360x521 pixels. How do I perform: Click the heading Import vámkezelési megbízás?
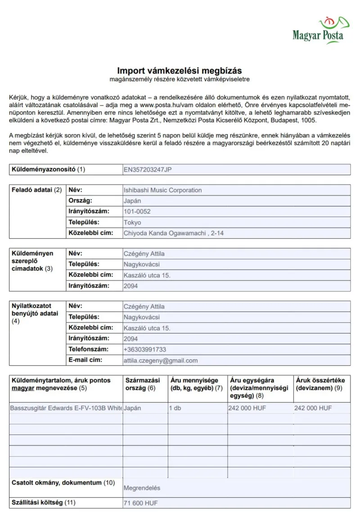180,71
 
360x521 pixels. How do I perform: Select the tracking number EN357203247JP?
147,170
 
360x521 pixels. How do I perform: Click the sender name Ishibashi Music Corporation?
162,190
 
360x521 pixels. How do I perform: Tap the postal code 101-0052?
137,212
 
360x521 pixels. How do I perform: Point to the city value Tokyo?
132,222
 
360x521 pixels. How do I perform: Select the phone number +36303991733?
145,349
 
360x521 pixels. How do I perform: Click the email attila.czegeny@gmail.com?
161,360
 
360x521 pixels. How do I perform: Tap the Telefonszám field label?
88,349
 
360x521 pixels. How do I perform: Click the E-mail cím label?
85,360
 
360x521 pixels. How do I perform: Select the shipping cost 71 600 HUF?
140,503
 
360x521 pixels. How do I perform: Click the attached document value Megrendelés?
142,488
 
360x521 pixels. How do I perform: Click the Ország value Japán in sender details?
132,201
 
